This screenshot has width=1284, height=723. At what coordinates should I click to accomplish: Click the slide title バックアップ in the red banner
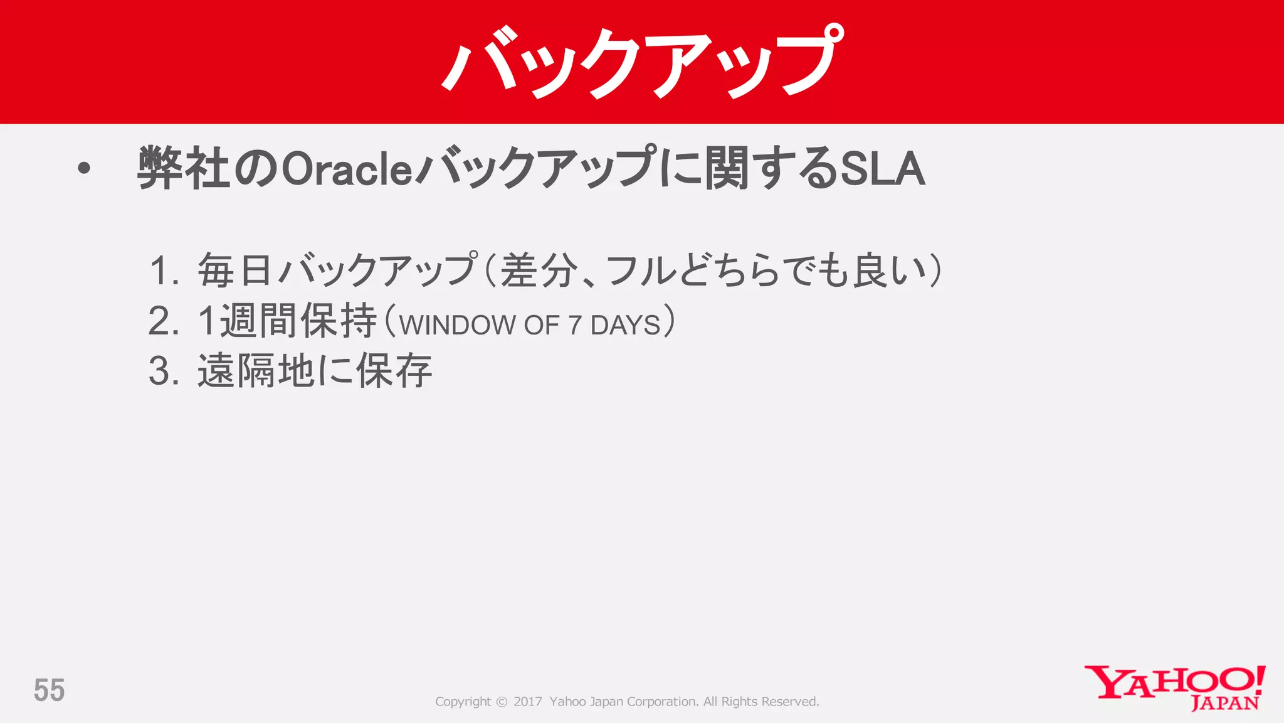pos(642,63)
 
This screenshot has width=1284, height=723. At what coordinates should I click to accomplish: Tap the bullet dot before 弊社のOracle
pos(84,168)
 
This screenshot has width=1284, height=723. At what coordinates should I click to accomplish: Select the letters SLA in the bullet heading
pos(882,168)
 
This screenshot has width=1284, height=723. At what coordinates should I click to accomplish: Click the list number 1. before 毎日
pos(165,270)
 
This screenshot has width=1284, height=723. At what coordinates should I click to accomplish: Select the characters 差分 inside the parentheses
pos(538,270)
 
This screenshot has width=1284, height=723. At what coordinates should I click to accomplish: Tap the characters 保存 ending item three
pos(394,370)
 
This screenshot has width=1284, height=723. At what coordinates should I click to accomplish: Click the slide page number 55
pos(49,690)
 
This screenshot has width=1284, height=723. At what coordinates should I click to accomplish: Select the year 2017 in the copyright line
pos(527,702)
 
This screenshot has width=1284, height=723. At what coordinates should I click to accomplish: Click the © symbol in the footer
pos(502,702)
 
